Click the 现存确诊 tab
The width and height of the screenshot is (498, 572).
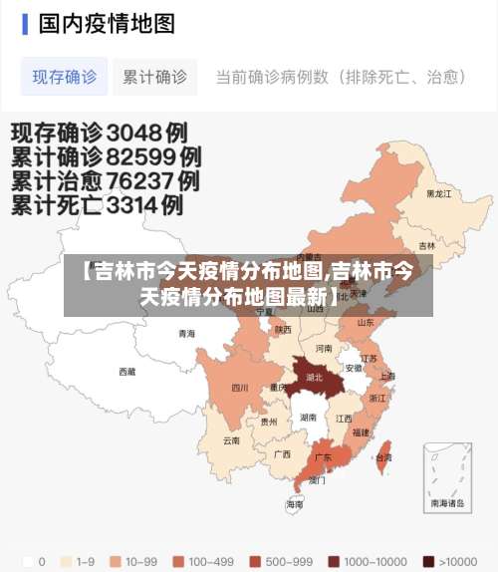pos(65,77)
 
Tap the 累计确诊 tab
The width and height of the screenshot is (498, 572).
pos(154,77)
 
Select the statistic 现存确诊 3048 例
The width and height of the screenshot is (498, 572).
pos(100,132)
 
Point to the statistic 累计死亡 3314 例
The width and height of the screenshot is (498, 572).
pos(97,206)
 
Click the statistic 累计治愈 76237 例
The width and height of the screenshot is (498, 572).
pos(105,181)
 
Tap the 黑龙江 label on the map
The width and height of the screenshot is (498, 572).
pos(438,193)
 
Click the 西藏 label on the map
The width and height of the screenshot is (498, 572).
pos(127,372)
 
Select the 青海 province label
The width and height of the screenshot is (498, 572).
pos(186,334)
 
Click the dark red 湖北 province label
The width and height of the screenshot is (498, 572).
pos(315,378)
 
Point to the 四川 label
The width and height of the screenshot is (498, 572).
pos(240,388)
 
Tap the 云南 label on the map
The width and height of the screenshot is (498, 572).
pos(231,439)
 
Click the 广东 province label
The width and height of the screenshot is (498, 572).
pos(323,457)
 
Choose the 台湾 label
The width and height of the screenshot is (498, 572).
pos(382,457)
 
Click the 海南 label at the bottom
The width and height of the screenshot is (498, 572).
pos(295,504)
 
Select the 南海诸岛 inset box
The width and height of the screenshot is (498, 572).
pos(446,476)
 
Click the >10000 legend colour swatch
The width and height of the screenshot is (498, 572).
pos(428,561)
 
